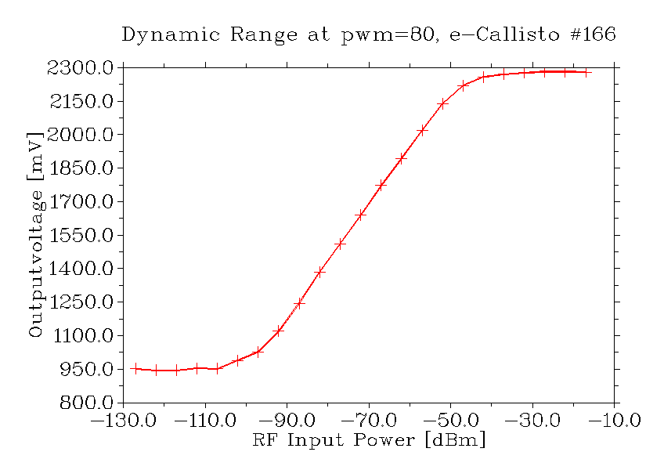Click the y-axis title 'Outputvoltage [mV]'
(35, 234)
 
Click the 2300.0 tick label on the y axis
(76, 68)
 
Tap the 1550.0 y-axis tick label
(76, 235)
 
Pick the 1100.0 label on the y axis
(76, 335)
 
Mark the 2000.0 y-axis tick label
(76, 135)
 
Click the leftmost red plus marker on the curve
(135, 369)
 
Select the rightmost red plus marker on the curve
(586, 72)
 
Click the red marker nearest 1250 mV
(299, 303)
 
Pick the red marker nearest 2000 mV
(422, 130)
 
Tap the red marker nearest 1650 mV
(361, 214)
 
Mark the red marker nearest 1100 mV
(279, 331)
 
